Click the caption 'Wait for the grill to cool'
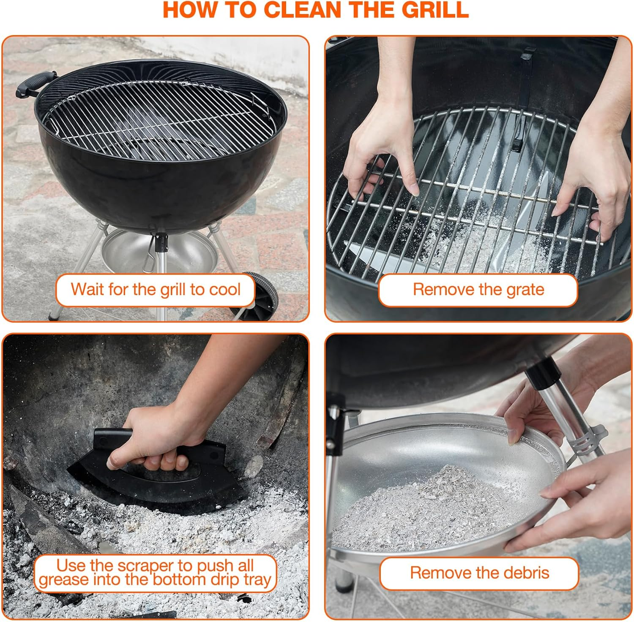tap(155, 290)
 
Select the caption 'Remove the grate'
tap(478, 290)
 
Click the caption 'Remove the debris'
tap(479, 573)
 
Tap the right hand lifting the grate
tap(596, 177)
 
